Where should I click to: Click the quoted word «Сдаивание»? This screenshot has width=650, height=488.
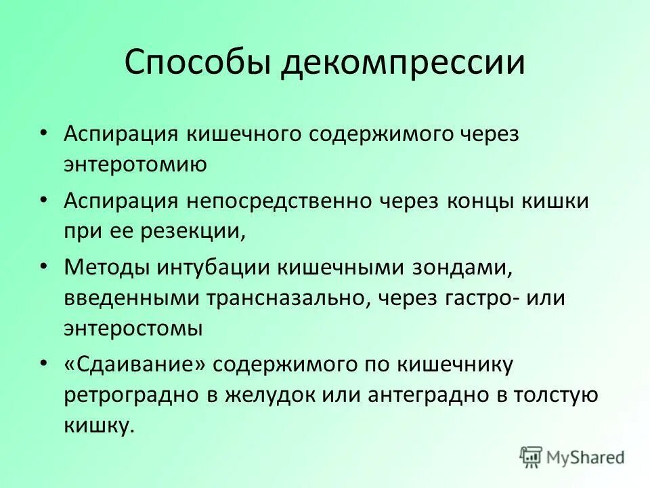(135, 364)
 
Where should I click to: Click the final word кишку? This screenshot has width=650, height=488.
(96, 426)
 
